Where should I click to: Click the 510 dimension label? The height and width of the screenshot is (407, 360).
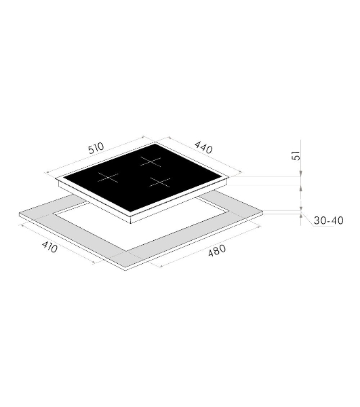click(x=96, y=148)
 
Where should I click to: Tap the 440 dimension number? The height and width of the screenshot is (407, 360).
click(x=203, y=147)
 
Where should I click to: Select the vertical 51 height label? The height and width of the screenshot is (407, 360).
click(x=296, y=155)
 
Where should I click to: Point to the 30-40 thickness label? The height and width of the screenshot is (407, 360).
click(x=329, y=220)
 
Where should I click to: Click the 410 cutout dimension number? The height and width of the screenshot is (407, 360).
click(x=49, y=247)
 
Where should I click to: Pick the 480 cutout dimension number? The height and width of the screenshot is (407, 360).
click(x=217, y=250)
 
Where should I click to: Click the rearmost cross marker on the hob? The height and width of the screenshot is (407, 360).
click(x=151, y=162)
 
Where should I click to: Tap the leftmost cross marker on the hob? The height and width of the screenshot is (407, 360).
click(x=108, y=177)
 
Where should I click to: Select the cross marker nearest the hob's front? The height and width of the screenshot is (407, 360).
click(x=160, y=182)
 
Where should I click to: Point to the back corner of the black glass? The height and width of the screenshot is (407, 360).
click(x=155, y=144)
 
